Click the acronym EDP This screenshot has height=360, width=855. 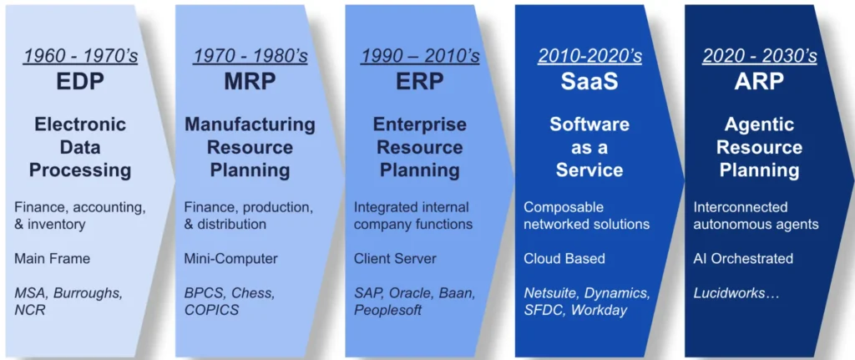[x=80, y=82]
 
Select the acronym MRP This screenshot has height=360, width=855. [x=250, y=82]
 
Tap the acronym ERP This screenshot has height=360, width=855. [x=420, y=82]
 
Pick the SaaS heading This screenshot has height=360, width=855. [x=589, y=82]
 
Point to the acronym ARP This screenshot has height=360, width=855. [x=759, y=82]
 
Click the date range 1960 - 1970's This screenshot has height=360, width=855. [x=80, y=57]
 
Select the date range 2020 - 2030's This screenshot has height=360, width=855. [x=759, y=57]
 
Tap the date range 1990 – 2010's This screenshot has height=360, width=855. [x=420, y=57]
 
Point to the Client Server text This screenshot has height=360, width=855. [x=395, y=258]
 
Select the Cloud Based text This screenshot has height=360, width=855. [x=564, y=258]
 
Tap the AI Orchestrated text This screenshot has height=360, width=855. [x=743, y=258]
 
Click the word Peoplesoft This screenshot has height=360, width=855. [x=388, y=311]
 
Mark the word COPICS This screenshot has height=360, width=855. [x=211, y=311]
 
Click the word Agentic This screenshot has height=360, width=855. [x=759, y=125]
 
